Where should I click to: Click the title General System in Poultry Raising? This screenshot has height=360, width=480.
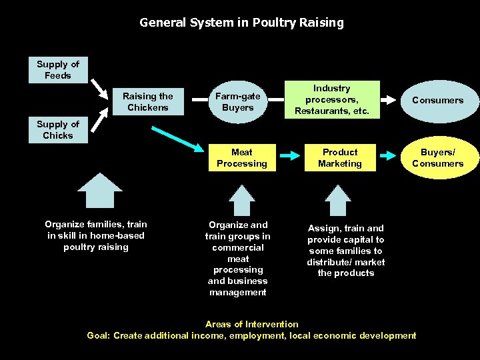(241, 23)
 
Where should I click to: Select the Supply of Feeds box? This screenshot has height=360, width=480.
(58, 70)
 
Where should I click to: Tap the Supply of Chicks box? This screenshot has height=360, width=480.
(58, 130)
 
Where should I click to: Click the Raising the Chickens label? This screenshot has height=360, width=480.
(148, 102)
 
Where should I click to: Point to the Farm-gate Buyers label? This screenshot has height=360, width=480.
(238, 102)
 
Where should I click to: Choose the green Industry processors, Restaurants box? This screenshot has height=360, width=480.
(331, 99)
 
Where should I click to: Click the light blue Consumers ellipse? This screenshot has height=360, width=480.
(437, 101)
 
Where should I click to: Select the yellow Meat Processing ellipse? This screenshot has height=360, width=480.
(241, 158)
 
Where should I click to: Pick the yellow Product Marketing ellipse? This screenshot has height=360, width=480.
(340, 158)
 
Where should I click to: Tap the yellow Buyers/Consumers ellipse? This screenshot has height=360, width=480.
(437, 158)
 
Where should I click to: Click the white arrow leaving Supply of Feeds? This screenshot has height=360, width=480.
(101, 88)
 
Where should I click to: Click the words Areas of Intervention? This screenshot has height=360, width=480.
(251, 325)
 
